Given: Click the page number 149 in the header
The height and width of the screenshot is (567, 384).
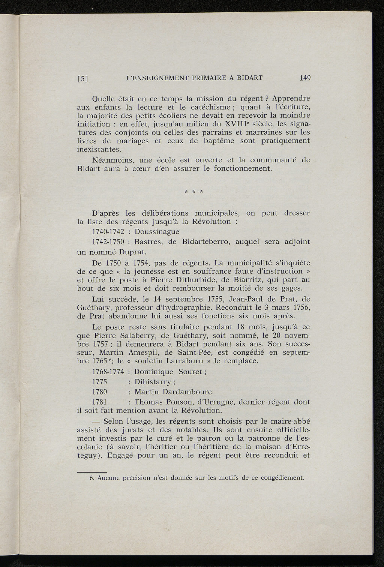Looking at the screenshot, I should pos(305,78).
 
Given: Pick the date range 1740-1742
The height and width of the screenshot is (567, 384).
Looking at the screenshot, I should pos(108,231).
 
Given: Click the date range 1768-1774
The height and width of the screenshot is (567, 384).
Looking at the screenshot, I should pos(108,372).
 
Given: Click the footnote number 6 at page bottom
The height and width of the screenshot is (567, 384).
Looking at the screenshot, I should pos(92,478).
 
